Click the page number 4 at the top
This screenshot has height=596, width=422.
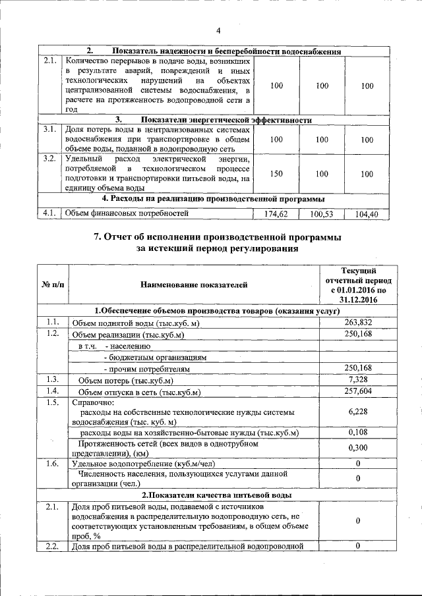[218, 30]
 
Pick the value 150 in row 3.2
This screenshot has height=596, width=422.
[277, 173]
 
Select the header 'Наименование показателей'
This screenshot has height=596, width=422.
[194, 284]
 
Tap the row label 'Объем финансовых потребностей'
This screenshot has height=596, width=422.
[126, 213]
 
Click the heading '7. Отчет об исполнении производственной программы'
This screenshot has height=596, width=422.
[218, 237]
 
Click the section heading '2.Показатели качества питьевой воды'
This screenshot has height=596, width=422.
[218, 495]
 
